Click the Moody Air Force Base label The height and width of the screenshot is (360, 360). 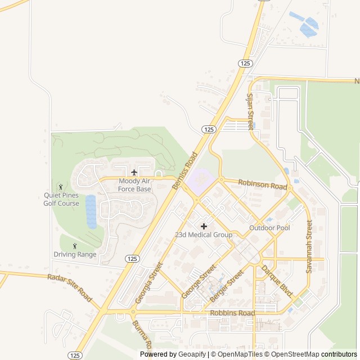pyautogui.click(x=134, y=185)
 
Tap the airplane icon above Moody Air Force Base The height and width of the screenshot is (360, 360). pyautogui.click(x=134, y=172)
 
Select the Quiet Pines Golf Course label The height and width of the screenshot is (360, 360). pyautogui.click(x=61, y=199)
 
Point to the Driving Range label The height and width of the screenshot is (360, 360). pyautogui.click(x=75, y=254)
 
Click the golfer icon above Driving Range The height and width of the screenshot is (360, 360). pyautogui.click(x=75, y=245)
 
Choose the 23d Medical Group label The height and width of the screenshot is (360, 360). pyautogui.click(x=204, y=235)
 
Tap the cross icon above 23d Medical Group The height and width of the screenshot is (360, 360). pyautogui.click(x=204, y=226)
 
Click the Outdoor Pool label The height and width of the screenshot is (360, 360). pyautogui.click(x=269, y=228)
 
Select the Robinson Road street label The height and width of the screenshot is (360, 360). pyautogui.click(x=263, y=184)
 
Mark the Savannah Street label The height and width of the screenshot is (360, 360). pyautogui.click(x=309, y=246)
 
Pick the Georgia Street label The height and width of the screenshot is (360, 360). pyautogui.click(x=149, y=282)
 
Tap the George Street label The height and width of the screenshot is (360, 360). pyautogui.click(x=199, y=281)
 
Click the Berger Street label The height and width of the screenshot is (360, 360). pyautogui.click(x=226, y=285)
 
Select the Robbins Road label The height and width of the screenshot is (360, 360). pyautogui.click(x=232, y=313)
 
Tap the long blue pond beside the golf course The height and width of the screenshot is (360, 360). pyautogui.click(x=91, y=211)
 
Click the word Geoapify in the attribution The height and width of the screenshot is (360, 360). pyautogui.click(x=192, y=354)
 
